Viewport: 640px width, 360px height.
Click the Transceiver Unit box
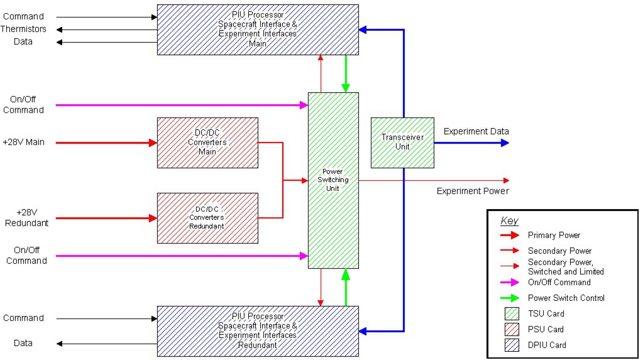point(402,143)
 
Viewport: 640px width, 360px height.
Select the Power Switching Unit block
point(333,180)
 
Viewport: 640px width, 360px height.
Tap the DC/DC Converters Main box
point(207,143)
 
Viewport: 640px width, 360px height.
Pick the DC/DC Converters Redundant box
point(207,218)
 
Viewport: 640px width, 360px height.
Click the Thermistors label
point(23,29)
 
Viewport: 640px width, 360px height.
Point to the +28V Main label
point(23,142)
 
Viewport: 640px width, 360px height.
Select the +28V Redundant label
point(26,218)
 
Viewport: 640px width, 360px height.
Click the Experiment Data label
point(476,131)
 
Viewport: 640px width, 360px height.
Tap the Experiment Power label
point(473,191)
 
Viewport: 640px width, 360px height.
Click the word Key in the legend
point(509,221)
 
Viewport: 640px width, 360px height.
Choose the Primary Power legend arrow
point(510,235)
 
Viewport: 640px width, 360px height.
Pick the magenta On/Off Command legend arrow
point(510,282)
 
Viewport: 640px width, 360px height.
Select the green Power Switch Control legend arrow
point(510,298)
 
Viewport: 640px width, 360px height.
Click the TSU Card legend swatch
point(512,314)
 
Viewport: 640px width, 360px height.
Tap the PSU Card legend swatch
point(512,329)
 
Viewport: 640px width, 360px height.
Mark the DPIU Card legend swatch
point(512,345)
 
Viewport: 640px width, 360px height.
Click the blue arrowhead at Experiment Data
point(505,143)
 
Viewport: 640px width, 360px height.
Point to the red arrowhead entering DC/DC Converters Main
point(153,143)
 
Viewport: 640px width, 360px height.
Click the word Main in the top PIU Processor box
point(257,44)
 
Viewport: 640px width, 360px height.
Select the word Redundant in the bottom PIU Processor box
point(257,345)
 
